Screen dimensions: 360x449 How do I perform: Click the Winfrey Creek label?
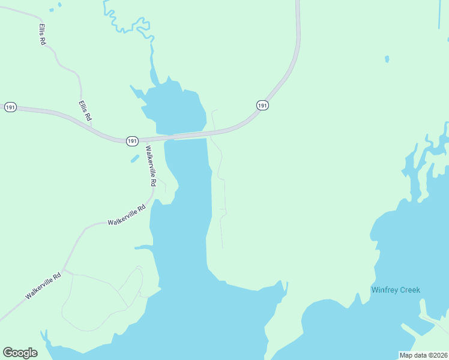pyautogui.click(x=396, y=290)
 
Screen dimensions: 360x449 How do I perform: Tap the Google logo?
pyautogui.click(x=20, y=353)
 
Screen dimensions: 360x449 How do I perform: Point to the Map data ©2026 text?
pyautogui.click(x=423, y=355)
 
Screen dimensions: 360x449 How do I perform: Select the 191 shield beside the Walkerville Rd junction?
pyautogui.click(x=133, y=140)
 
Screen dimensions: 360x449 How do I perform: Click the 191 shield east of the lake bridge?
pyautogui.click(x=262, y=105)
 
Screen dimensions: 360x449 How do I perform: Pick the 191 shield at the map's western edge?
pyautogui.click(x=10, y=107)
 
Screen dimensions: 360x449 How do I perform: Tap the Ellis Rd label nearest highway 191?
pyautogui.click(x=85, y=111)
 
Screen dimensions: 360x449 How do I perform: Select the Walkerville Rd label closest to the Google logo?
pyautogui.click(x=44, y=287)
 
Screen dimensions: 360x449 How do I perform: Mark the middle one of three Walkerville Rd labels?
pyautogui.click(x=127, y=215)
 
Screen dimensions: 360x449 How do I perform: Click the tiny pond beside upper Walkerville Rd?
pyautogui.click(x=134, y=158)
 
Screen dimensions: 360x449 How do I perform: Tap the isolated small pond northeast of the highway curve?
pyautogui.click(x=387, y=59)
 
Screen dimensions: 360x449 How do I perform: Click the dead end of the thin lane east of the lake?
pyautogui.click(x=223, y=247)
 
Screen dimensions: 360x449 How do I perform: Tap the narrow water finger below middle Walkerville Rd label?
pyautogui.click(x=144, y=247)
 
